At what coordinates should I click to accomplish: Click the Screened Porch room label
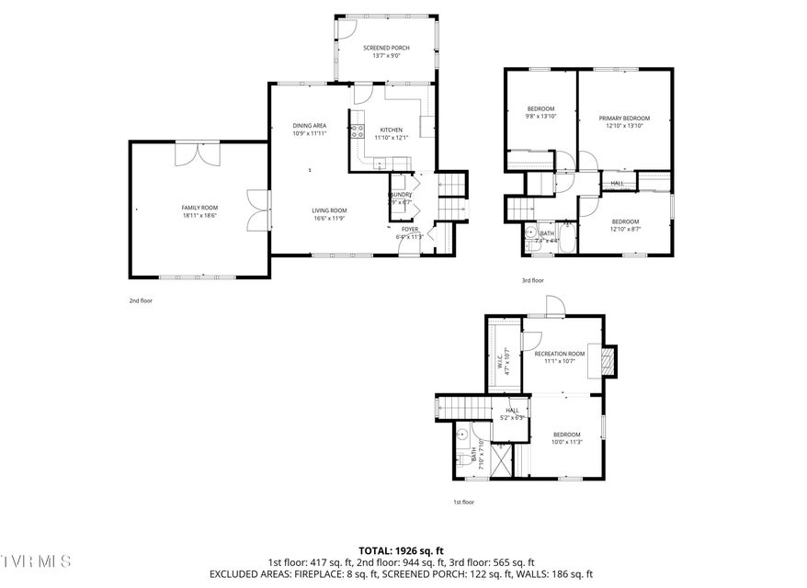[x=385, y=51]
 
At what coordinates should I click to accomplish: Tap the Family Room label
[x=199, y=211]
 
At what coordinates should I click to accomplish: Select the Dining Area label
[x=309, y=129]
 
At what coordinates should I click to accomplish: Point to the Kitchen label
[x=392, y=134]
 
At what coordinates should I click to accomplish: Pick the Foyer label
[x=409, y=232]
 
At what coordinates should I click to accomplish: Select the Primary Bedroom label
[x=624, y=121]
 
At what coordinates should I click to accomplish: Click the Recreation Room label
[x=559, y=356]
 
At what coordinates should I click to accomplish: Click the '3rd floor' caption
[x=532, y=280]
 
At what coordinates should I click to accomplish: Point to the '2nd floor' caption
[x=140, y=300]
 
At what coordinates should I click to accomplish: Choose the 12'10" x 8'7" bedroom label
[x=625, y=225]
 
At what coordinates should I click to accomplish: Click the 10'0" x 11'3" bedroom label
[x=566, y=437]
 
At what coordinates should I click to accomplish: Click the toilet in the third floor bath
[x=530, y=235]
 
